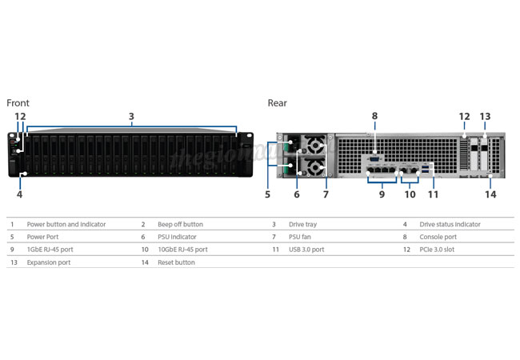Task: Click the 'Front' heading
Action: (x=18, y=103)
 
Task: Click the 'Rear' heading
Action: (x=278, y=103)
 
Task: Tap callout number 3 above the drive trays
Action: (x=131, y=116)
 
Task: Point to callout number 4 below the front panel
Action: (x=19, y=194)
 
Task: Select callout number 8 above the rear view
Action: (x=374, y=116)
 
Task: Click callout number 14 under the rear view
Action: (x=491, y=194)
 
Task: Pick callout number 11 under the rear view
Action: (x=433, y=194)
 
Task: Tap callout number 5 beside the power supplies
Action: (x=268, y=194)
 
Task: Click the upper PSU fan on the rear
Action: (x=314, y=145)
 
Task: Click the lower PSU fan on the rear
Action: (x=314, y=167)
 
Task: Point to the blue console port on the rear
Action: (x=374, y=159)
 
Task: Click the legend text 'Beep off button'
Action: (x=181, y=225)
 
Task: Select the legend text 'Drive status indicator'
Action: (x=450, y=225)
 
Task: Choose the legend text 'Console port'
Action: (x=438, y=237)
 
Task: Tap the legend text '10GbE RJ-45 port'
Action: (x=182, y=250)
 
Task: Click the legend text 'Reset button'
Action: (x=177, y=262)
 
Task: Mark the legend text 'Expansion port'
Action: (x=49, y=262)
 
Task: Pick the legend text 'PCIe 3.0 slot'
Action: (x=437, y=250)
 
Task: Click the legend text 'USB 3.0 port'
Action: (x=306, y=250)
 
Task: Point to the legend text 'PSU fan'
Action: (x=300, y=237)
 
